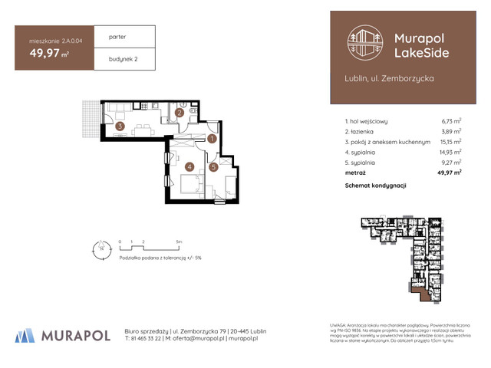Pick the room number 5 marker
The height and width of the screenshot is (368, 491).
213,166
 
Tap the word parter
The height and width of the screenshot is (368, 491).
117,37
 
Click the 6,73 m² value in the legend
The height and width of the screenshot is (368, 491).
451,121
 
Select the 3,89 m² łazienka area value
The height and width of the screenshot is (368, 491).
451,131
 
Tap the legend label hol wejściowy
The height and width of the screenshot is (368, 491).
370,121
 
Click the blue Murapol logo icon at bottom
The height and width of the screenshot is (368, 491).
25,334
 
